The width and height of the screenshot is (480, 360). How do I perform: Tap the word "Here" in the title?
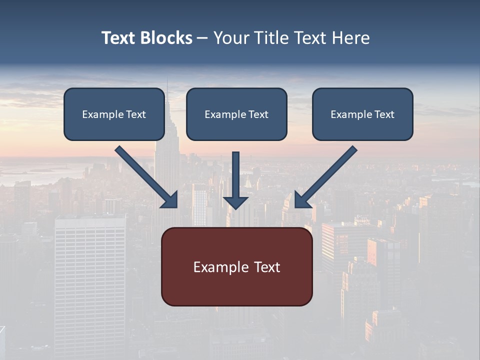pos(350,38)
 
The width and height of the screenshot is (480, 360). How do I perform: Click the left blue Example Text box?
pos(114,114)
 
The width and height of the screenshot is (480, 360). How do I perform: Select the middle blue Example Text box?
pos(236,114)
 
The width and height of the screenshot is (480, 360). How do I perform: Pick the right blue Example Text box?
pos(362,114)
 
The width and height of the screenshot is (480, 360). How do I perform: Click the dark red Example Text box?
pos(236,266)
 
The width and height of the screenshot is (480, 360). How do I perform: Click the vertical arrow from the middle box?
pos(236,175)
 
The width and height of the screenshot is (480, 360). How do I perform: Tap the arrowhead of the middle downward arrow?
pos(236,202)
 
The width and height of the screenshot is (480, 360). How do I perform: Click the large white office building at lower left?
pos(90,280)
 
